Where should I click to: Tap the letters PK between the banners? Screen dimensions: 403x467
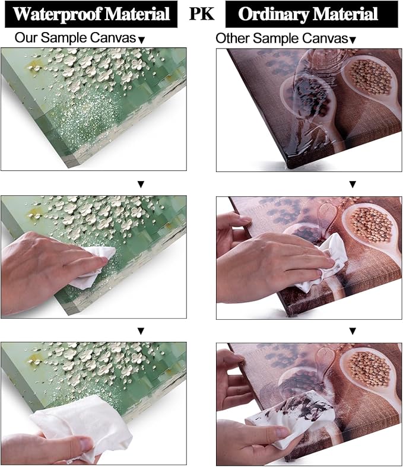click(x=202, y=14)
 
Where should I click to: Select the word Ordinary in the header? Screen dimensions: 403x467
click(x=274, y=15)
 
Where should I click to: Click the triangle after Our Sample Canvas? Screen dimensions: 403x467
click(x=141, y=40)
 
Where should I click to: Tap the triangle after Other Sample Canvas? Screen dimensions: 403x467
click(x=353, y=40)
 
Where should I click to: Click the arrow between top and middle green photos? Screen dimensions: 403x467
click(x=141, y=185)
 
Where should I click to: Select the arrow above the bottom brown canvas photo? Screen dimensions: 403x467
click(x=353, y=331)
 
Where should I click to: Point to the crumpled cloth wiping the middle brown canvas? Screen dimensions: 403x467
click(x=322, y=262)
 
